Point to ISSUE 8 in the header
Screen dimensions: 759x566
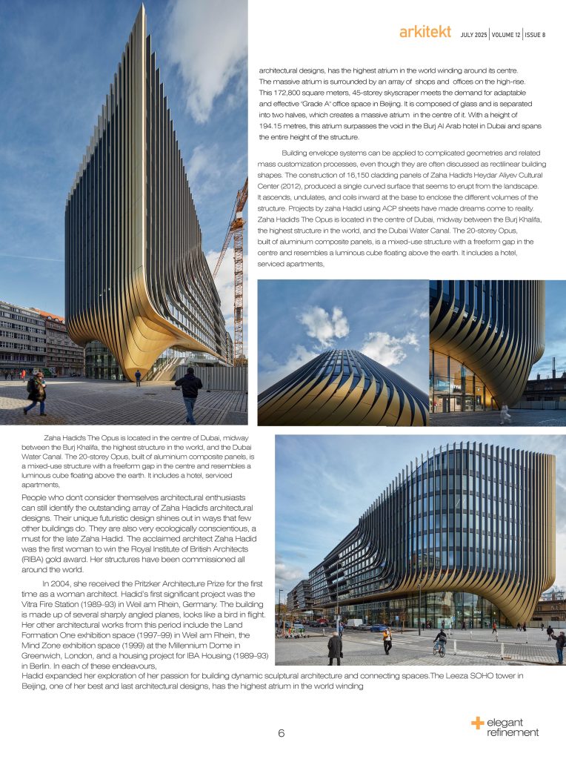pos(535,34)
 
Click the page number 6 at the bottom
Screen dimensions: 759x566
pos(282,734)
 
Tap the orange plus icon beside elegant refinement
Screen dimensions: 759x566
pos(477,722)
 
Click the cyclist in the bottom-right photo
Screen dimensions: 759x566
pos(440,640)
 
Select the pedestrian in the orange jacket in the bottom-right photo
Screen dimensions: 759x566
pos(387,640)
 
